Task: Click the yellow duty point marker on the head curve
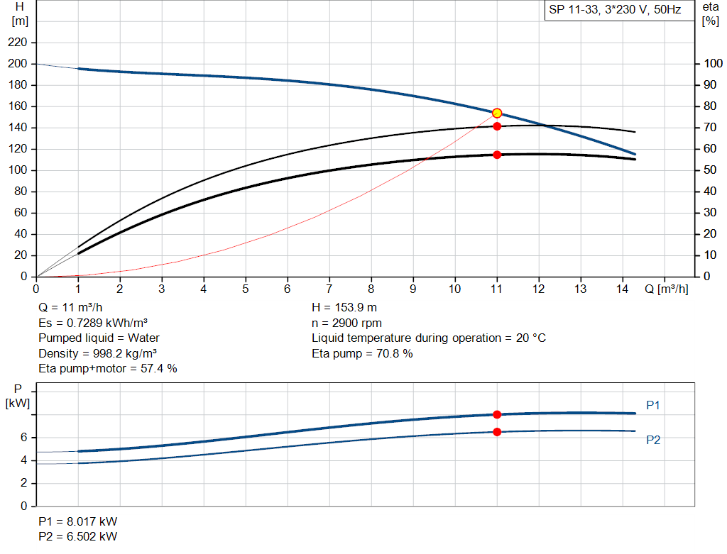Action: (x=497, y=113)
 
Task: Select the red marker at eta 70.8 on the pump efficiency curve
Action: (x=497, y=126)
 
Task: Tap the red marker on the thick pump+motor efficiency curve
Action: (x=497, y=155)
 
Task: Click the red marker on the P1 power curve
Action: (x=497, y=414)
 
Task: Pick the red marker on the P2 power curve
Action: (x=497, y=432)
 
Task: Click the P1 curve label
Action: (x=653, y=405)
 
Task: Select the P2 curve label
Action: (x=653, y=440)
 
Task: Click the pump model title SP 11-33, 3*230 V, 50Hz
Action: (x=615, y=11)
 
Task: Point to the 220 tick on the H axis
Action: (x=18, y=43)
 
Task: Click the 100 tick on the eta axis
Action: (x=711, y=64)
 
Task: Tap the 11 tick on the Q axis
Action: (x=497, y=289)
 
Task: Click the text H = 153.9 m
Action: (x=345, y=308)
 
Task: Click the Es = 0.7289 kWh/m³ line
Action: (x=92, y=323)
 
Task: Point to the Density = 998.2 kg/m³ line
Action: (x=98, y=353)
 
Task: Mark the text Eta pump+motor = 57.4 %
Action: (x=108, y=368)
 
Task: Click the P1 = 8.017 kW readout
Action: (x=78, y=521)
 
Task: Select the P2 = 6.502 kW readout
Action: (x=78, y=536)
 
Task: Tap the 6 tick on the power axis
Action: (x=24, y=438)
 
